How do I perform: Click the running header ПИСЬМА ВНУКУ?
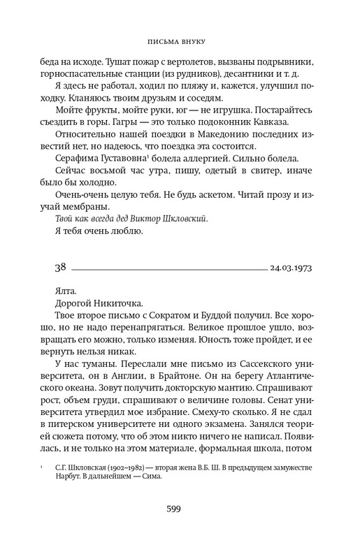180,40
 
